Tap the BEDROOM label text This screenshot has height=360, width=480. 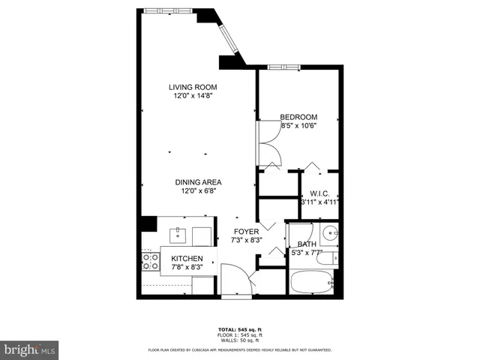point(298,117)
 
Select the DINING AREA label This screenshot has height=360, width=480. point(198,182)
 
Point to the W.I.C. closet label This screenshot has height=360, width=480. point(320,192)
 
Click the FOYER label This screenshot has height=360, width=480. point(245,232)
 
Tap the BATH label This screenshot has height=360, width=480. point(307,244)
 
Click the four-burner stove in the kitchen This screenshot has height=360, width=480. point(150,262)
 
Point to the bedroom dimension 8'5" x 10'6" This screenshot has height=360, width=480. point(298,126)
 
